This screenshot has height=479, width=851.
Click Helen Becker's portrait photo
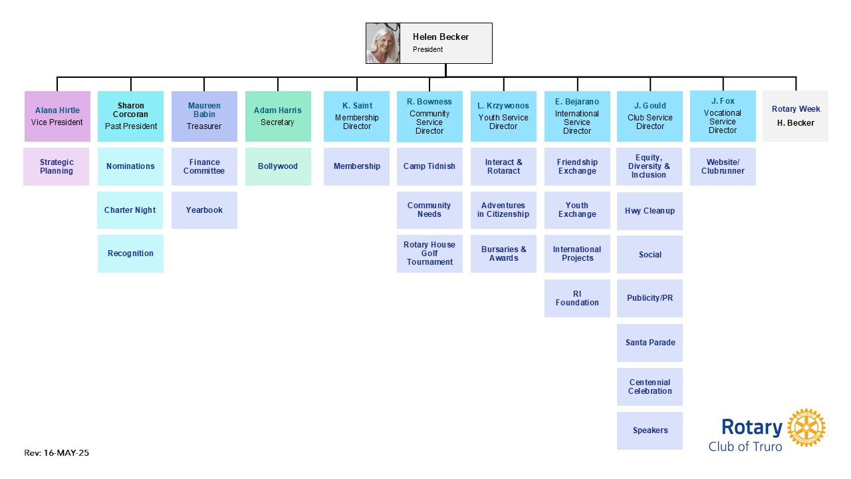coord(383,43)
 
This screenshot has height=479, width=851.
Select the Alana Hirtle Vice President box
coord(57,116)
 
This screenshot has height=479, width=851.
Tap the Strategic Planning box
coord(57,166)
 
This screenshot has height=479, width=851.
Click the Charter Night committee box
coord(130,210)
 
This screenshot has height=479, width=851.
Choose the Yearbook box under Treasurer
coord(204,210)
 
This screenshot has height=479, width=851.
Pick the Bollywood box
coord(278,166)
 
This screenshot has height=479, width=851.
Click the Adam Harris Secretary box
coord(278,116)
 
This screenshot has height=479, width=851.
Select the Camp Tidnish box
coord(429,166)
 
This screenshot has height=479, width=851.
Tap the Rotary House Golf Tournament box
coord(429,253)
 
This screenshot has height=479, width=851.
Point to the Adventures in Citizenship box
coord(503,210)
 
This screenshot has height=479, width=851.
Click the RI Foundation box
coord(577,298)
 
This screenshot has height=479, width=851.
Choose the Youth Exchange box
coord(577,210)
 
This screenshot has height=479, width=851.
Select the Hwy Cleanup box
coord(650,211)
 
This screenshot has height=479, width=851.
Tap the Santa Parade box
coord(650,343)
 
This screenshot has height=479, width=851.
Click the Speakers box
coord(650,430)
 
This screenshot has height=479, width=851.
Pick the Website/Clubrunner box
coord(723,166)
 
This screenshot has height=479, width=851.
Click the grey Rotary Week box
coord(796,116)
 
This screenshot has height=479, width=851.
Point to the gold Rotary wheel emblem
coord(806,428)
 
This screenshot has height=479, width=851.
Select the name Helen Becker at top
coord(441,37)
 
